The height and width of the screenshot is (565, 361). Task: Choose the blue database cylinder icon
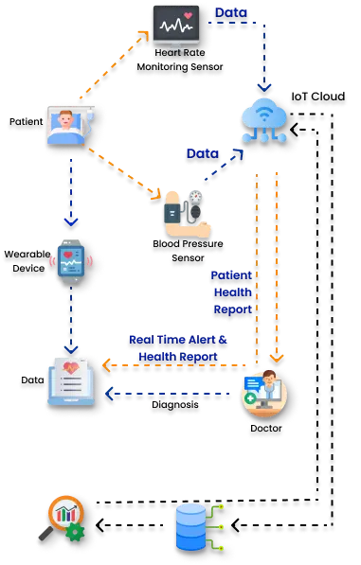(x=190, y=527)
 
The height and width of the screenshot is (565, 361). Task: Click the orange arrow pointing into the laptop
(x=171, y=364)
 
